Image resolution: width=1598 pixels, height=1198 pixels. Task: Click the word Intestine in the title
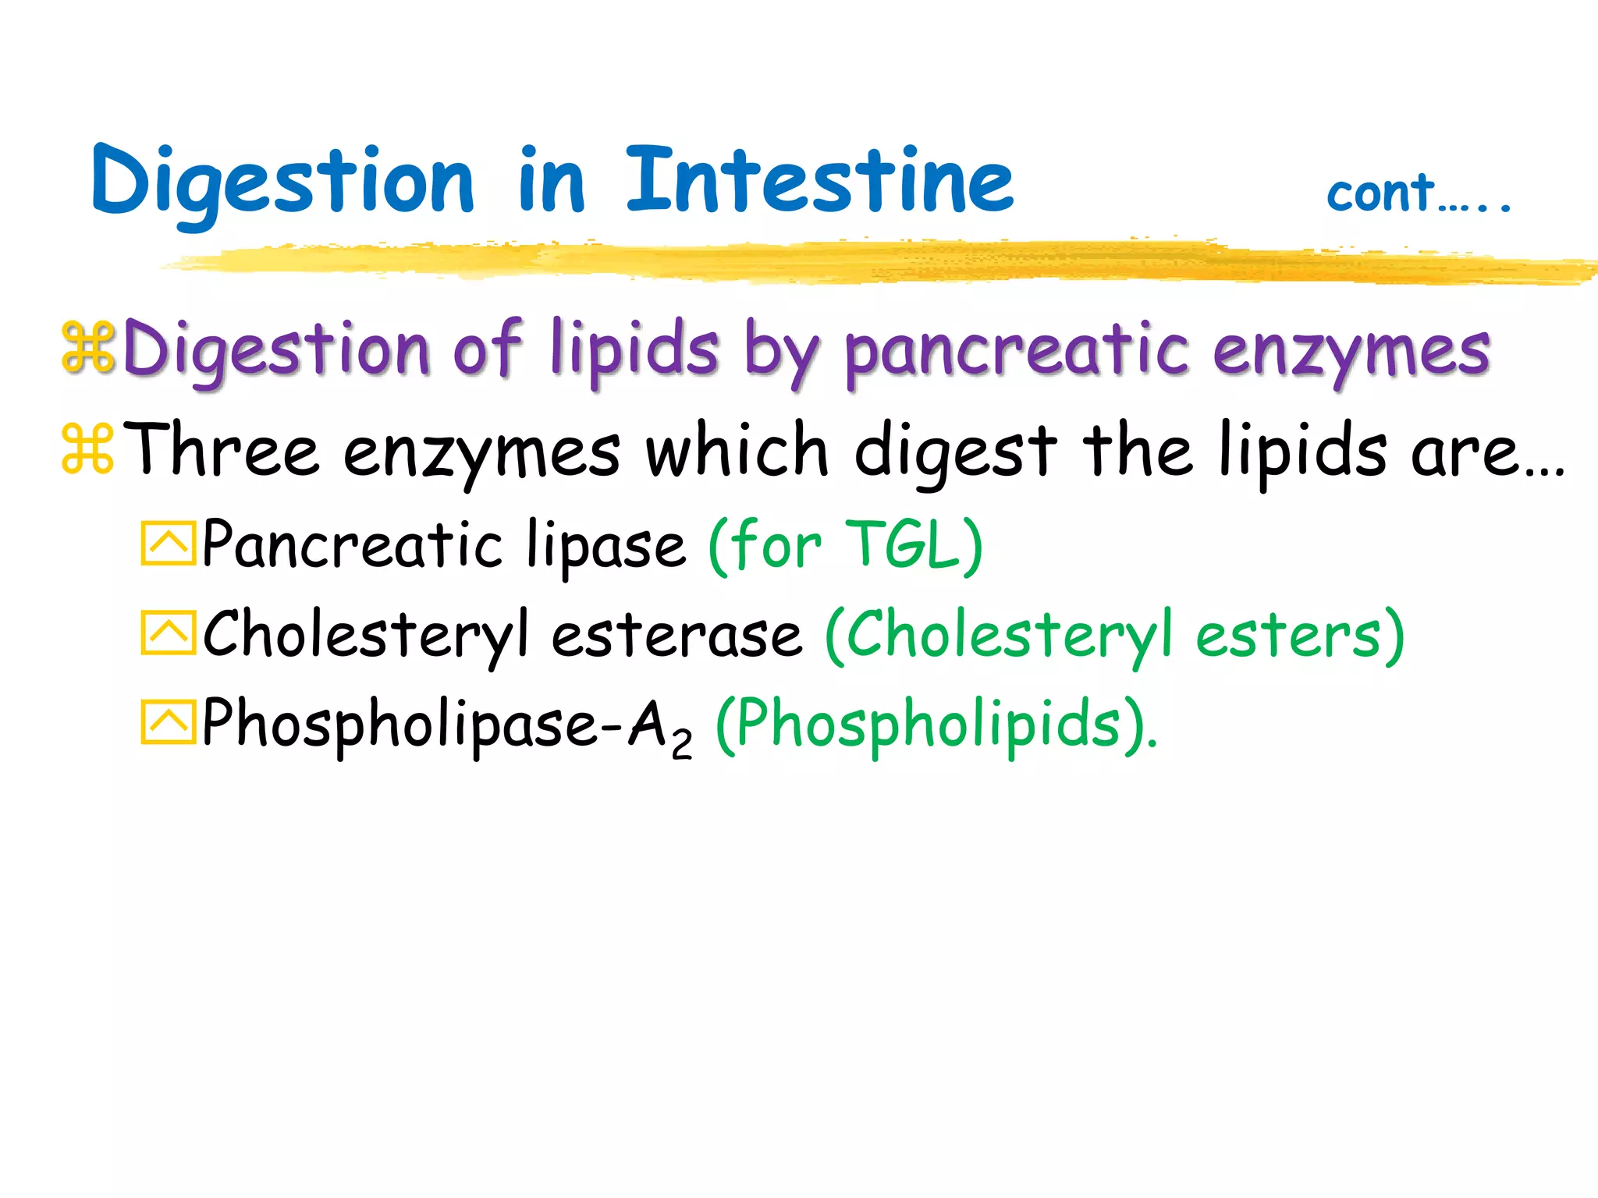coord(819,181)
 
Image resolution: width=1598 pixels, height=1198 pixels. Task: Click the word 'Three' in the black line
coord(222,451)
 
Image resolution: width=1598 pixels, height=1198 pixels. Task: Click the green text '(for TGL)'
coord(846,546)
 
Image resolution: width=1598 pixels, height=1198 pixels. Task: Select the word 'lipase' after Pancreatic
coord(605,546)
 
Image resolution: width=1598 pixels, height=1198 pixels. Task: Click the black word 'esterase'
coord(676,635)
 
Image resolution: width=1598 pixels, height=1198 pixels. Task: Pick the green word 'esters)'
coord(1300,635)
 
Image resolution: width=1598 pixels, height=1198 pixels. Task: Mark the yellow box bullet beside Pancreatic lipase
coord(168,543)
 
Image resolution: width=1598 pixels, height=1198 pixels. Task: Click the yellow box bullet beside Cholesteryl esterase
coord(168,633)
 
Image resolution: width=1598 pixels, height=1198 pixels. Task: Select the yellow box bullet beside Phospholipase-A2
coord(168,722)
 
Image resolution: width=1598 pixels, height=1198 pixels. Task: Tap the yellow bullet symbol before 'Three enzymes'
coord(87,449)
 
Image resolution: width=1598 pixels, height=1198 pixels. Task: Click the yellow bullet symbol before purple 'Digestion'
coord(87,347)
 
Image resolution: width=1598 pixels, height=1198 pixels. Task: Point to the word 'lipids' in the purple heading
coord(634,351)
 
